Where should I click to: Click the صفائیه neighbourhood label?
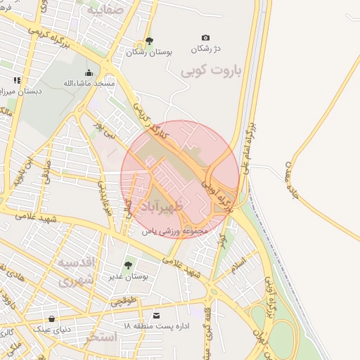(x=105, y=10)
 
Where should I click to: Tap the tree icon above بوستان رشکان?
(x=148, y=41)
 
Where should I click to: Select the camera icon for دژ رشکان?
(x=205, y=37)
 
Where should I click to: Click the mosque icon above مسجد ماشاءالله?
(x=89, y=72)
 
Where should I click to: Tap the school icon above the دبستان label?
(x=17, y=81)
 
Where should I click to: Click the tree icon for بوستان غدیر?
(x=128, y=265)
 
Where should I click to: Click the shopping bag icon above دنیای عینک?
(x=51, y=318)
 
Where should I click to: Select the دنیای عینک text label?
(x=51, y=328)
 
